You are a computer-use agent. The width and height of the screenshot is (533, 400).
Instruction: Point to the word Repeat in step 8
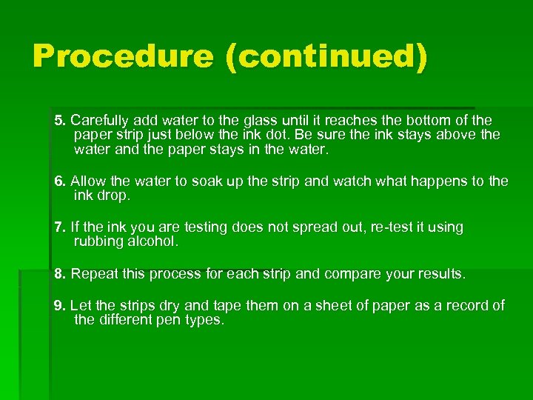click(x=93, y=274)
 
